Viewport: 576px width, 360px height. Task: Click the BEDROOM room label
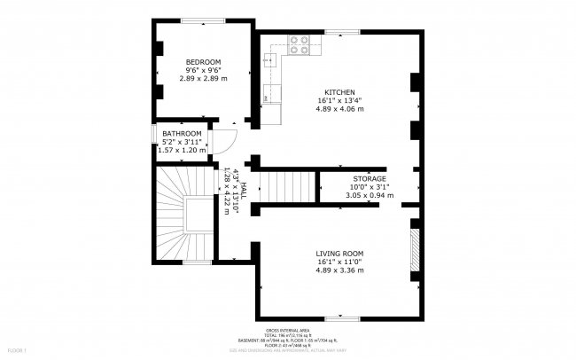click(203, 60)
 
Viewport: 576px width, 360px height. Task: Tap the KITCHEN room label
click(339, 92)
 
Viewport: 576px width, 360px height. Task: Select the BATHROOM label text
click(182, 133)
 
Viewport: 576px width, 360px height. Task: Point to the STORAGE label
click(370, 178)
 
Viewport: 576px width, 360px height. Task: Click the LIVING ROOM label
click(339, 253)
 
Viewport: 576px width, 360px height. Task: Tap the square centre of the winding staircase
click(198, 215)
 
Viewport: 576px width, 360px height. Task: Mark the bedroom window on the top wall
click(202, 19)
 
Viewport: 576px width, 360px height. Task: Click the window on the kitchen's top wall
click(336, 33)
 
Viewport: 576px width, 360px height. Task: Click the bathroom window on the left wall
click(152, 142)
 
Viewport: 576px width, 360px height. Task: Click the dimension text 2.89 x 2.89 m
click(203, 78)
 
